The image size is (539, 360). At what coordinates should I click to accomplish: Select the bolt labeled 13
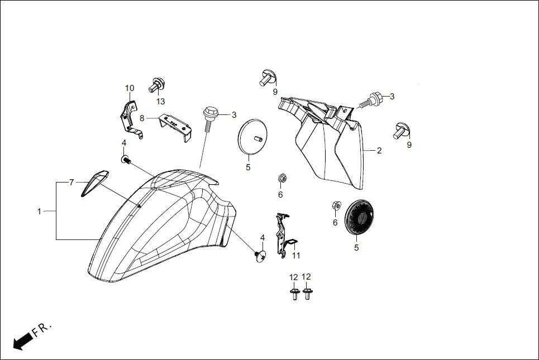(156, 85)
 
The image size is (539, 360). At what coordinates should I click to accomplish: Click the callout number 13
(161, 102)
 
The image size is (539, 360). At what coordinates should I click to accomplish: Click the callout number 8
(142, 118)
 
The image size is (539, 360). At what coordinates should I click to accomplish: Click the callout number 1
(39, 212)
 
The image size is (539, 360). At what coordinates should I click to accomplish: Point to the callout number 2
(379, 151)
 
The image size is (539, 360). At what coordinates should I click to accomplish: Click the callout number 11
(296, 256)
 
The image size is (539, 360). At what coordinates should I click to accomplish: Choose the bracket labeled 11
(284, 234)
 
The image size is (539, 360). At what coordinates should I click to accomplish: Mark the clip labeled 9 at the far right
(401, 129)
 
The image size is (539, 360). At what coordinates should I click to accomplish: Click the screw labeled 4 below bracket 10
(126, 160)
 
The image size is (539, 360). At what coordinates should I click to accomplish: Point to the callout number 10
(130, 88)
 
